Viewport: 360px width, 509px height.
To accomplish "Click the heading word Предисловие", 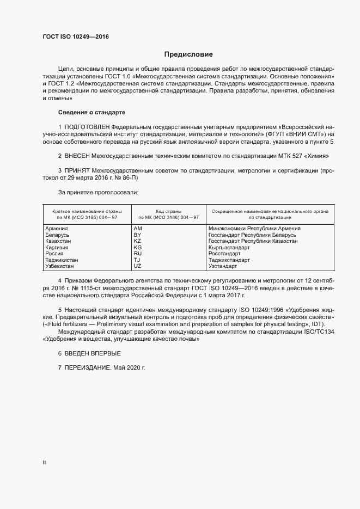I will point(189,54).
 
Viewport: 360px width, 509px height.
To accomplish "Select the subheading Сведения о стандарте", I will point(91,112).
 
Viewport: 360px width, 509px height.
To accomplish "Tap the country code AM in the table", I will point(137,229).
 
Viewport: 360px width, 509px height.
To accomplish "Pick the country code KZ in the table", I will point(137,241).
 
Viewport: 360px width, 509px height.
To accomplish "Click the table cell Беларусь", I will point(57,235).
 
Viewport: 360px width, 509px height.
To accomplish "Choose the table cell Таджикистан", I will point(62,260).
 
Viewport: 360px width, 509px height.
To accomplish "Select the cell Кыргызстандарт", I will point(229,247).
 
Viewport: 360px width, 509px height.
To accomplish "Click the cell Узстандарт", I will point(223,266).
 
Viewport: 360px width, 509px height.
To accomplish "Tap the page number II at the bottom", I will point(44,462).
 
